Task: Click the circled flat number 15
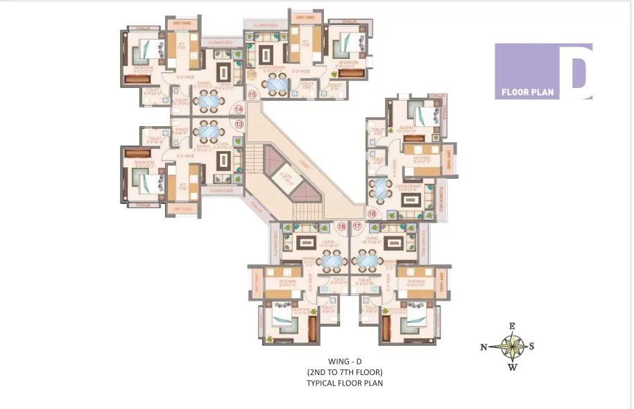click(x=252, y=94)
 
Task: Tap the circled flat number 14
click(x=239, y=109)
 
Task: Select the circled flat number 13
click(x=239, y=124)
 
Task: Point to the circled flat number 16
click(x=372, y=214)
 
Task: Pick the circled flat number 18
click(x=341, y=227)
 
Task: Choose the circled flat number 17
click(x=358, y=227)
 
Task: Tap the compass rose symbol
click(x=512, y=346)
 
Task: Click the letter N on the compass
click(x=483, y=347)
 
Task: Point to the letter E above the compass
click(x=512, y=326)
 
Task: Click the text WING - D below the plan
click(x=345, y=361)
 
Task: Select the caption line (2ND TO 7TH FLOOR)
click(x=345, y=372)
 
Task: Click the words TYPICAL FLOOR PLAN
click(x=345, y=383)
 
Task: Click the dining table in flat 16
click(x=379, y=188)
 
